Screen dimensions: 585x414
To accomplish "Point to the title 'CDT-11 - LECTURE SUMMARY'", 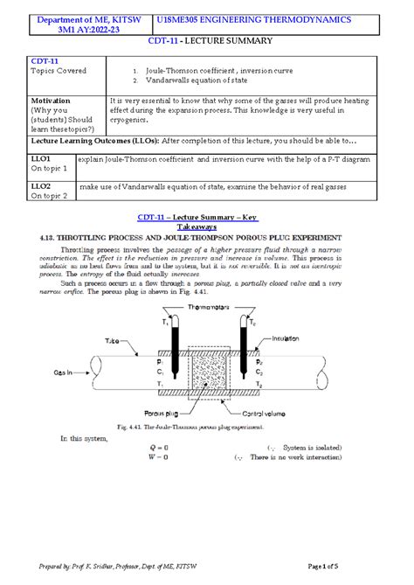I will click(x=207, y=41).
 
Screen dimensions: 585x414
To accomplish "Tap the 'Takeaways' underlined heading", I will click(x=207, y=226).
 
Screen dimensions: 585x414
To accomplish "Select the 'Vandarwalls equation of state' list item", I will click(x=187, y=80).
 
